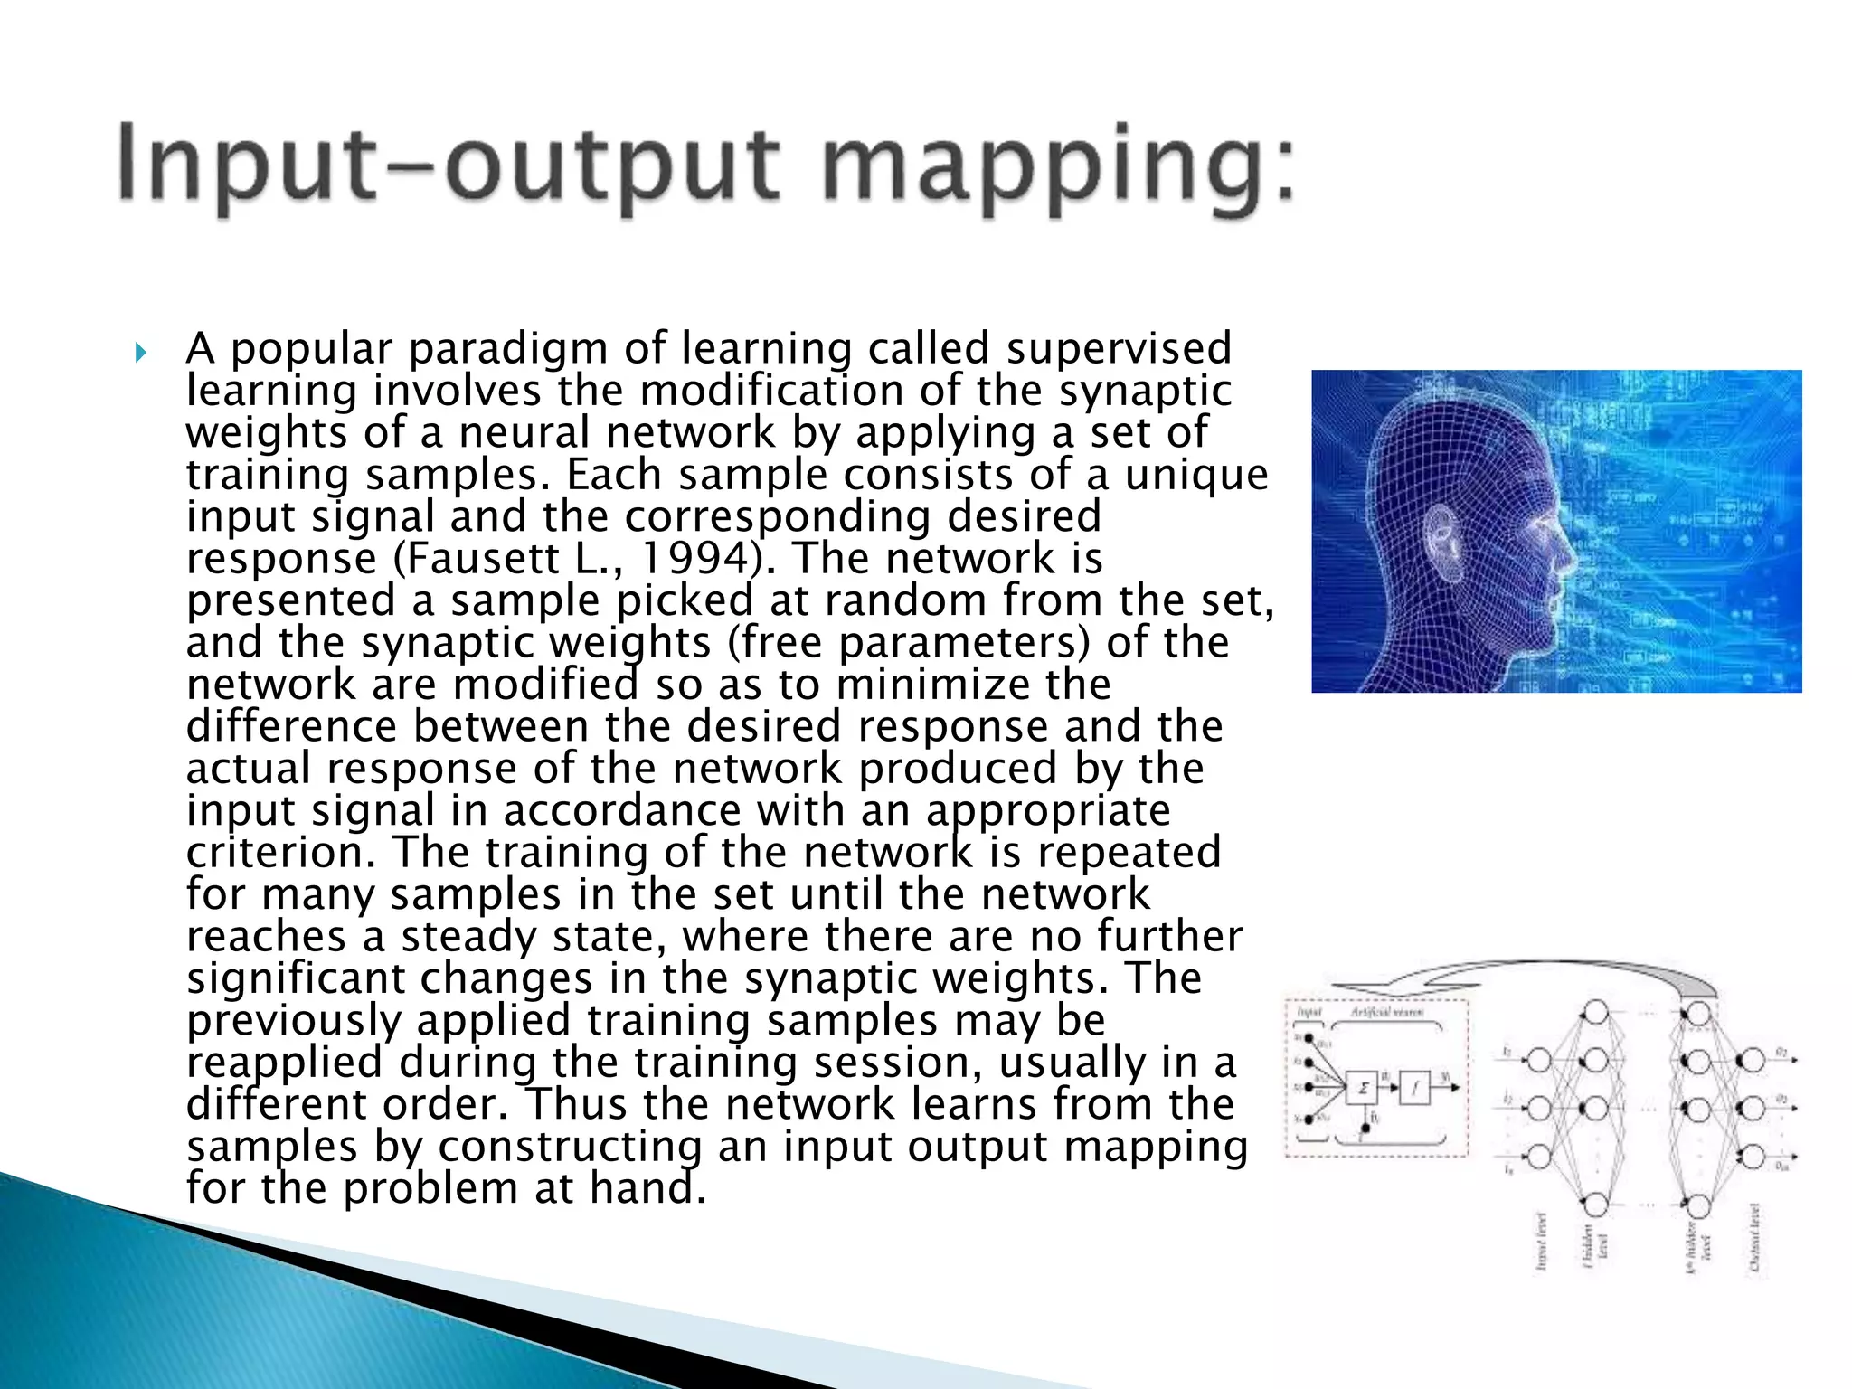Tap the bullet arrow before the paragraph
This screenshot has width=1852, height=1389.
[139, 351]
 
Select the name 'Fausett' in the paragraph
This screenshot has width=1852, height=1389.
[484, 559]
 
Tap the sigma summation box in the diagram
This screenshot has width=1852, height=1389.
[1363, 1088]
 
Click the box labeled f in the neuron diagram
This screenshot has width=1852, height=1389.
[1414, 1088]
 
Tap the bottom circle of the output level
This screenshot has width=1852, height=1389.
[1752, 1157]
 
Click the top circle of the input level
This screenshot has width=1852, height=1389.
[1539, 1061]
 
